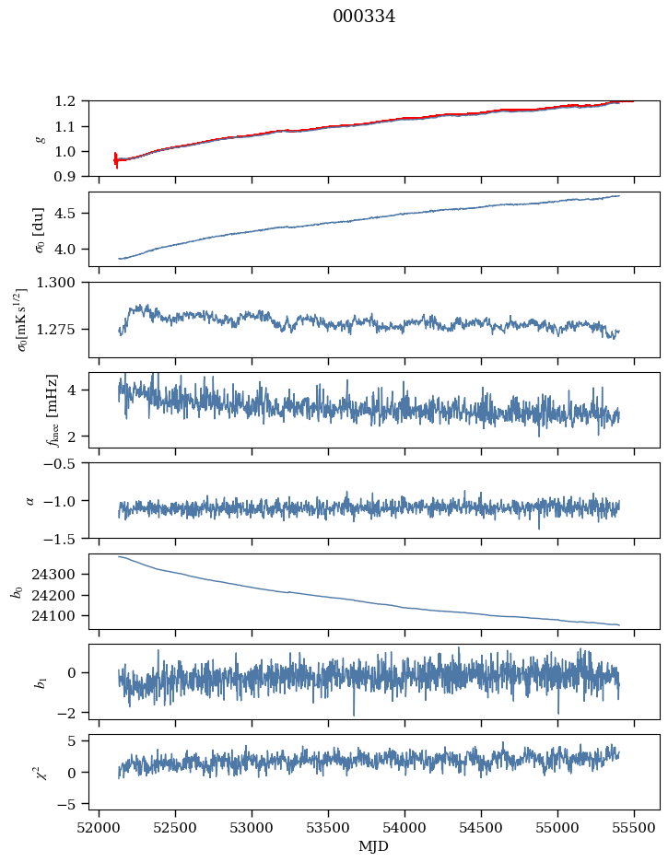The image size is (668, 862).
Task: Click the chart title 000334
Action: click(364, 17)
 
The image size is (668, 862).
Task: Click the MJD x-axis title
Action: click(373, 846)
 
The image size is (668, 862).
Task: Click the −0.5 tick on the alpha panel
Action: click(65, 463)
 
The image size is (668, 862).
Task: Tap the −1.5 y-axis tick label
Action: click(65, 538)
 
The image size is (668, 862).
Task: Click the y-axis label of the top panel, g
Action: click(39, 138)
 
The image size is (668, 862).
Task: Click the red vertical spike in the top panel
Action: click(116, 160)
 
